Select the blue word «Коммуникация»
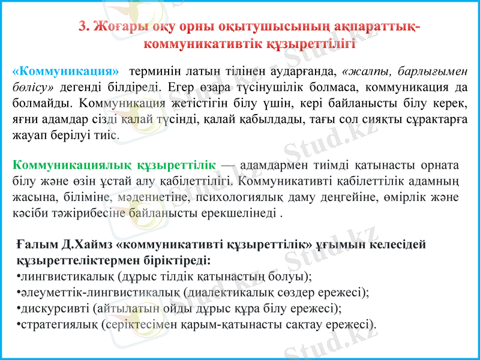pyautogui.click(x=65, y=71)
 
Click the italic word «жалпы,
pyautogui.click(x=365, y=71)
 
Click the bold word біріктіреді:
pyautogui.click(x=176, y=261)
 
